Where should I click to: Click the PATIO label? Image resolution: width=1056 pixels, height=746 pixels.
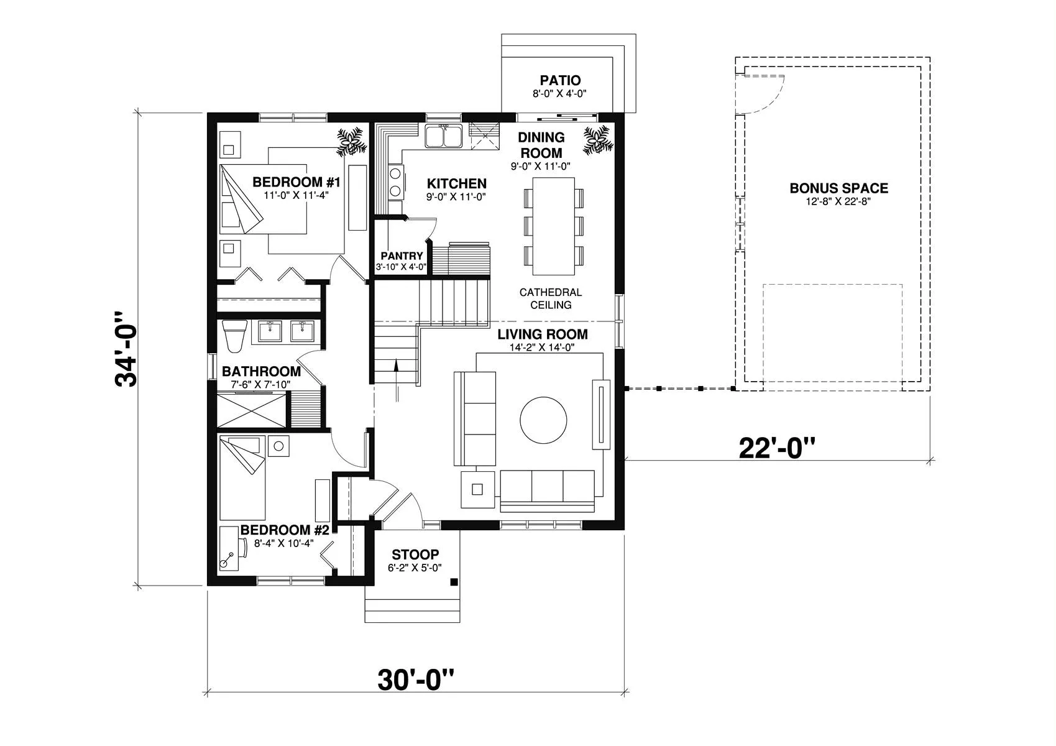click(x=560, y=80)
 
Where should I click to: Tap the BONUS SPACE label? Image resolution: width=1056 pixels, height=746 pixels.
click(x=838, y=188)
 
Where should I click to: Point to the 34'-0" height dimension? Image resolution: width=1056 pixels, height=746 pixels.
click(x=126, y=349)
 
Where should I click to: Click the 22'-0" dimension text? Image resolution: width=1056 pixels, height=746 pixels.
click(x=776, y=448)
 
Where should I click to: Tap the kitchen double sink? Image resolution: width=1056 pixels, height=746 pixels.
click(x=443, y=136)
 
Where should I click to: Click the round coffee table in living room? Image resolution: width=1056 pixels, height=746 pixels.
click(x=543, y=420)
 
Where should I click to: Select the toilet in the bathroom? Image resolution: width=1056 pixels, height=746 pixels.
click(x=235, y=336)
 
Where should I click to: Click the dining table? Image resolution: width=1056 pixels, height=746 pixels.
click(x=553, y=226)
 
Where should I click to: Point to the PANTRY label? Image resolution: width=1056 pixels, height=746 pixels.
click(x=402, y=256)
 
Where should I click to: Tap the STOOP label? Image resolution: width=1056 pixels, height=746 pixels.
click(x=415, y=554)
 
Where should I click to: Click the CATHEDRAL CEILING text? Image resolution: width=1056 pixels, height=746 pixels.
click(x=551, y=298)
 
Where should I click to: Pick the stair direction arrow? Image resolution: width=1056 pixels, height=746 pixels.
click(x=397, y=380)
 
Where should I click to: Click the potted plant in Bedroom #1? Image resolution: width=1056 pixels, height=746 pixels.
click(x=351, y=140)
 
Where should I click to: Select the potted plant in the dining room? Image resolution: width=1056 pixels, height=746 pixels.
click(x=599, y=140)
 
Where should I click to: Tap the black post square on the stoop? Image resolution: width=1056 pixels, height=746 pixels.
click(x=454, y=582)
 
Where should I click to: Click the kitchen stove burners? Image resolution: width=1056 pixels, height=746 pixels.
click(x=395, y=182)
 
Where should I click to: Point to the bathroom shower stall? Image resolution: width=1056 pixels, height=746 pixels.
click(x=251, y=409)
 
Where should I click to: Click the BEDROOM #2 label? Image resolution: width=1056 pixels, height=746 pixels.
click(x=285, y=530)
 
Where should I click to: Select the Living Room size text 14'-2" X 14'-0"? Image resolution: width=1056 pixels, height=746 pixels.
click(x=542, y=348)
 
